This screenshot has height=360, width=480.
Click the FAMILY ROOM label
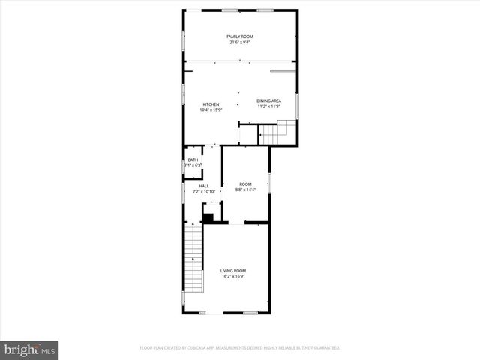[239, 37]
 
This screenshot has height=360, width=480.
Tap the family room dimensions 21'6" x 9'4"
[239, 42]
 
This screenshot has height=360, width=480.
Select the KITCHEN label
[211, 104]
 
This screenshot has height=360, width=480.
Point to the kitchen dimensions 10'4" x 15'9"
[211, 109]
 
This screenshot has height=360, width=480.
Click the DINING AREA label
[268, 100]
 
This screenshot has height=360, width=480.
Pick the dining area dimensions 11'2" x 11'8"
[268, 106]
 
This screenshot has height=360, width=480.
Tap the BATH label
[193, 160]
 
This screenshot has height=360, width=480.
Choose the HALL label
[204, 186]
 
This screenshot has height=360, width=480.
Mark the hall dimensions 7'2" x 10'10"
[204, 191]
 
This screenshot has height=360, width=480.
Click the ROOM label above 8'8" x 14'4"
[245, 184]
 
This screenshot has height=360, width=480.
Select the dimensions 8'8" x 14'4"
[245, 189]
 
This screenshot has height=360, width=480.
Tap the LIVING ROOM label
[233, 271]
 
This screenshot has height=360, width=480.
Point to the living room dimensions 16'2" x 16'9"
[233, 276]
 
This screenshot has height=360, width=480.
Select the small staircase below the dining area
[274, 134]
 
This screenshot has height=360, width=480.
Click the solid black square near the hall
[208, 218]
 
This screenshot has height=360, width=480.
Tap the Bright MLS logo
[29, 349]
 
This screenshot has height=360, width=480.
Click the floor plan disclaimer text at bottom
[240, 348]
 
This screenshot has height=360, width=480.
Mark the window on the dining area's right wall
[298, 106]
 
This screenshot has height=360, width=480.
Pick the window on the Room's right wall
[269, 184]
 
